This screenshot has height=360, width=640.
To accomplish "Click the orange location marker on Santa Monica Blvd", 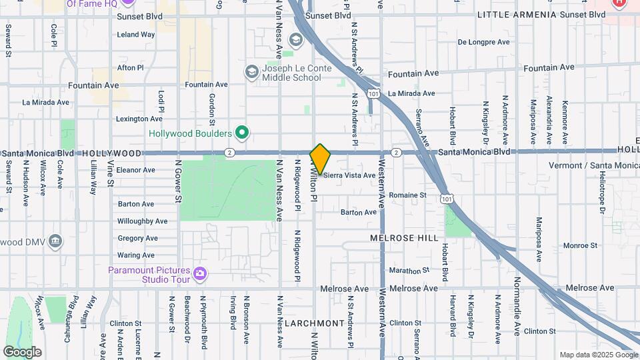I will [320, 159].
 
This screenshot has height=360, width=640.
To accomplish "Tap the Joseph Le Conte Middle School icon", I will [252, 71].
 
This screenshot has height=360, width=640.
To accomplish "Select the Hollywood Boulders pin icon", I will [243, 133].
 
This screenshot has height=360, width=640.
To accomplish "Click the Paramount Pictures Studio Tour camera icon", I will [199, 273].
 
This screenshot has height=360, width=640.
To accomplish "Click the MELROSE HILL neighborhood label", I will [405, 237].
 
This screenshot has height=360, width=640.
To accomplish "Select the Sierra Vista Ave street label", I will [349, 175].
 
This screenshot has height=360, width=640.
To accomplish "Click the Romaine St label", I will [407, 195].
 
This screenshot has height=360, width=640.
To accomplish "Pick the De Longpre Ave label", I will [483, 42].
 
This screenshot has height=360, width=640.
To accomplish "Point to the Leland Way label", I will [135, 35].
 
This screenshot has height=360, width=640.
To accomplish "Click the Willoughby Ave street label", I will [142, 221].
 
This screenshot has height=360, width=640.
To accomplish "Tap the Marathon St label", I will [409, 271].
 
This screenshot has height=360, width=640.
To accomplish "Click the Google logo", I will [22, 351].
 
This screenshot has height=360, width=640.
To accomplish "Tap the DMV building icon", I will [55, 241].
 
